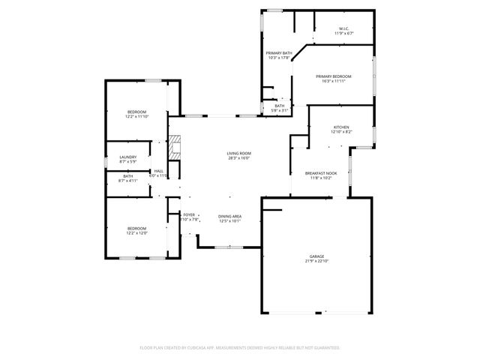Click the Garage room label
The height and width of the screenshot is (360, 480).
314,256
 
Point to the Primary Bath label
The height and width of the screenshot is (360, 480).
279,53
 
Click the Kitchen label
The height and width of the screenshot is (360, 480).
341,127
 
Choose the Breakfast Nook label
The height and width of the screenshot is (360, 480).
321,173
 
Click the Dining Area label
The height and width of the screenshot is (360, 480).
229,216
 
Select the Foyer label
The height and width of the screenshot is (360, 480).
189,215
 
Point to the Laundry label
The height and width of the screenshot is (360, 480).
128,157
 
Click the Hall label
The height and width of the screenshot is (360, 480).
159,171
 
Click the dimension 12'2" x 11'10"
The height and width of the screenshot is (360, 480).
136,116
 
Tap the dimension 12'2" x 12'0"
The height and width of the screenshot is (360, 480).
136,233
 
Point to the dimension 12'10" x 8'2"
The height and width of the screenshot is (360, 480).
341,132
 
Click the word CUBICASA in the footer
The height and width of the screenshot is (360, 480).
204,348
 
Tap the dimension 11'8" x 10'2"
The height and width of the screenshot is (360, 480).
321,178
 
